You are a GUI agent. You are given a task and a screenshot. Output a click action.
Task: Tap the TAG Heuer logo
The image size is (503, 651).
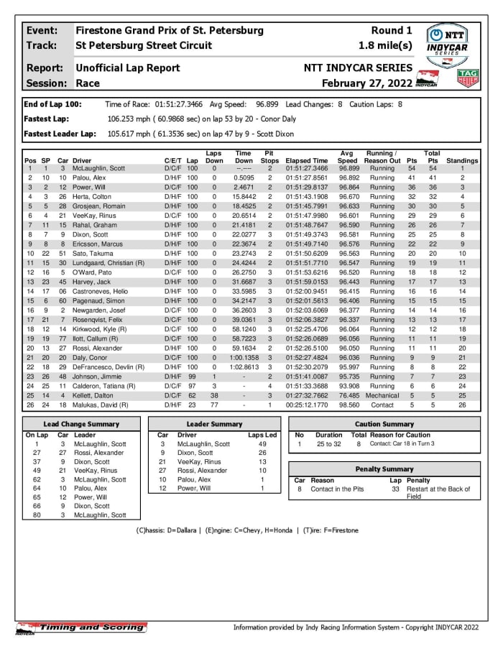point(468,77)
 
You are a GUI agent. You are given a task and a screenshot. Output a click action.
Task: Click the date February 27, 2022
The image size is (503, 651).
point(366,83)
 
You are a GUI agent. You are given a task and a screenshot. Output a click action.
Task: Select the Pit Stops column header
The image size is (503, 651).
point(269,157)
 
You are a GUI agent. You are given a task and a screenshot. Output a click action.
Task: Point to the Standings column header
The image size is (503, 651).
point(461,161)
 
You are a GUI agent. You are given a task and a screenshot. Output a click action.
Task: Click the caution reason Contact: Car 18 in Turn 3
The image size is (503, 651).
point(403,444)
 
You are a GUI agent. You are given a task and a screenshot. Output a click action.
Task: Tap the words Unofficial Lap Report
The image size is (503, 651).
point(128,68)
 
